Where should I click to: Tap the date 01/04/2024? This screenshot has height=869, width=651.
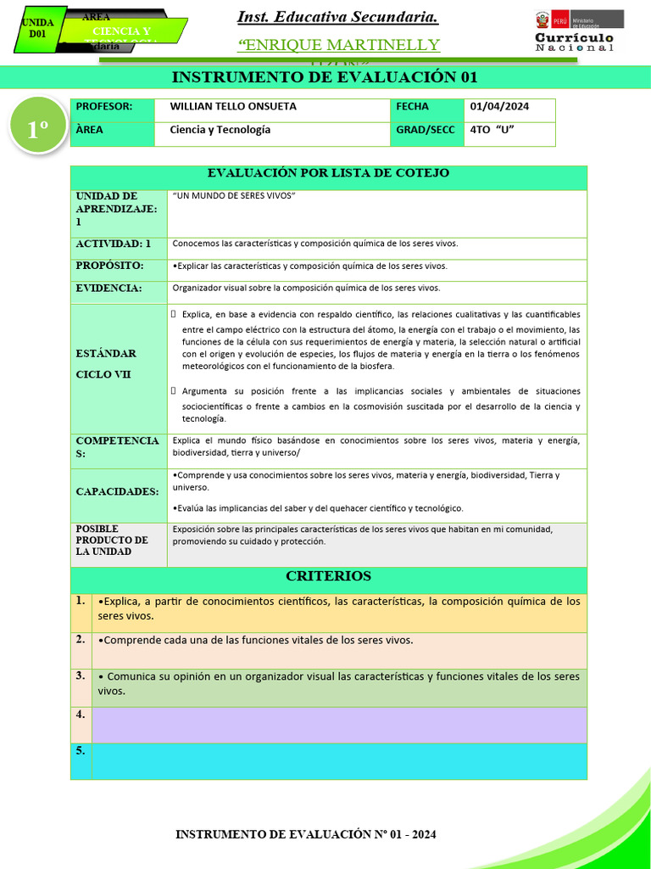[499, 107]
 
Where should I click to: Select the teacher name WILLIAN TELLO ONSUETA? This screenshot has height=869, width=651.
[233, 107]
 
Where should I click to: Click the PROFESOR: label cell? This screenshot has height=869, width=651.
[104, 107]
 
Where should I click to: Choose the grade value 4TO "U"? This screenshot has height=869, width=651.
[492, 131]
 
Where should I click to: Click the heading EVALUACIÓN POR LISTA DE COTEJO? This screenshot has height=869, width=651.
[328, 173]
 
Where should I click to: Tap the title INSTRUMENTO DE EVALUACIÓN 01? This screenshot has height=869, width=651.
[325, 77]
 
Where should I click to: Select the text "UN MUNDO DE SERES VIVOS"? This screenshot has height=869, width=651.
[233, 196]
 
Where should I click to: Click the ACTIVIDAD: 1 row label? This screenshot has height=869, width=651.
[114, 244]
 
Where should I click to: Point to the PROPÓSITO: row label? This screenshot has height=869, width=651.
[109, 266]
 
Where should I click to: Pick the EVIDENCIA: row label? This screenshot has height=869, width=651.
[108, 289]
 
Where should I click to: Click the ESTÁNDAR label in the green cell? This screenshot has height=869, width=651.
[106, 353]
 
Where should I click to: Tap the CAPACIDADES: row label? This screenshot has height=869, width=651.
[117, 491]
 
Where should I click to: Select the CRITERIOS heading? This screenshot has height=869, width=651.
[328, 576]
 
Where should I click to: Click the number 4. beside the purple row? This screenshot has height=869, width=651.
[81, 715]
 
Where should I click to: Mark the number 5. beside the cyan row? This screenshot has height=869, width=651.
[81, 751]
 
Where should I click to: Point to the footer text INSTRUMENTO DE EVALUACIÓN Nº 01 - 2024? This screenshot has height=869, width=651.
[306, 835]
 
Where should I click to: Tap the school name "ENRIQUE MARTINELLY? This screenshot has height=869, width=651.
[338, 44]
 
